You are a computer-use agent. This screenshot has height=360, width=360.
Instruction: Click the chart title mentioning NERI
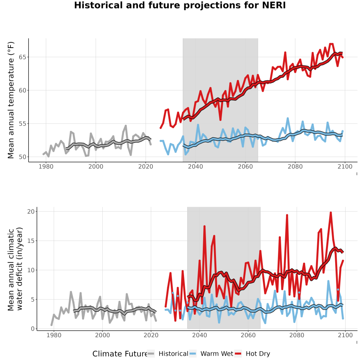click(x=180, y=5)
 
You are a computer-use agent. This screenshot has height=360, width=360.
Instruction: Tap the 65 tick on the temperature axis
click(x=22, y=57)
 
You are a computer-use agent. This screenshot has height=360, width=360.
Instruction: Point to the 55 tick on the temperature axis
click(x=22, y=124)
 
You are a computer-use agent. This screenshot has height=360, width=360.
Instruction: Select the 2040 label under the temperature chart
click(x=195, y=166)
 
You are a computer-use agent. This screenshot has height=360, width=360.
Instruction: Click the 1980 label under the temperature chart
click(x=46, y=166)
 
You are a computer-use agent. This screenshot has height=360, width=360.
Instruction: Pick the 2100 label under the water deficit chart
click(x=345, y=335)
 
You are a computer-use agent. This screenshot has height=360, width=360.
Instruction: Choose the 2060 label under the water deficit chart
click(x=248, y=335)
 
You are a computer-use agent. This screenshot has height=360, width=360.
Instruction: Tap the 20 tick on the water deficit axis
click(x=31, y=212)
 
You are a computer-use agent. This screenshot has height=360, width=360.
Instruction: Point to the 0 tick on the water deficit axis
click(x=33, y=329)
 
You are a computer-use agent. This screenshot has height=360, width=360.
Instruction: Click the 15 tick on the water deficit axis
click(x=31, y=241)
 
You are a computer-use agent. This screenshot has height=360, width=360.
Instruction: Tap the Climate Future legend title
click(x=120, y=354)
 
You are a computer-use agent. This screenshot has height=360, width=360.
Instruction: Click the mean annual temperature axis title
click(x=11, y=100)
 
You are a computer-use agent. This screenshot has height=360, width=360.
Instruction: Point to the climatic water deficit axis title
click(x=15, y=269)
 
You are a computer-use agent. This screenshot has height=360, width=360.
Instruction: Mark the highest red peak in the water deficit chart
click(x=331, y=213)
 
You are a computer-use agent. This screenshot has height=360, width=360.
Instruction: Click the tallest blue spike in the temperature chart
click(x=288, y=118)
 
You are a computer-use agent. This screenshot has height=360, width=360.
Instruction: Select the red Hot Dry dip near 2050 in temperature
click(x=220, y=120)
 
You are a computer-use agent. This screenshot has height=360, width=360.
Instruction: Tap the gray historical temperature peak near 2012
click(x=126, y=126)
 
